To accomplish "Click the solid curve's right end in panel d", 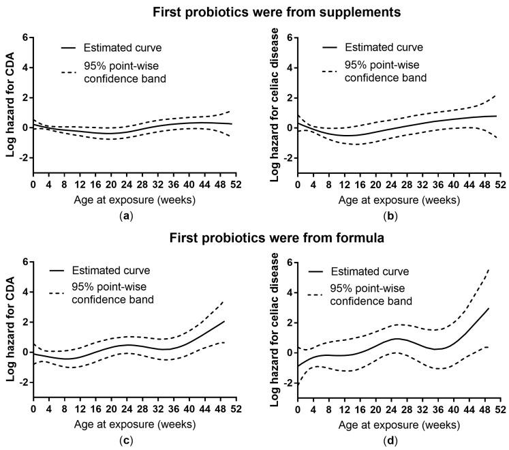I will (x=489, y=308).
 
